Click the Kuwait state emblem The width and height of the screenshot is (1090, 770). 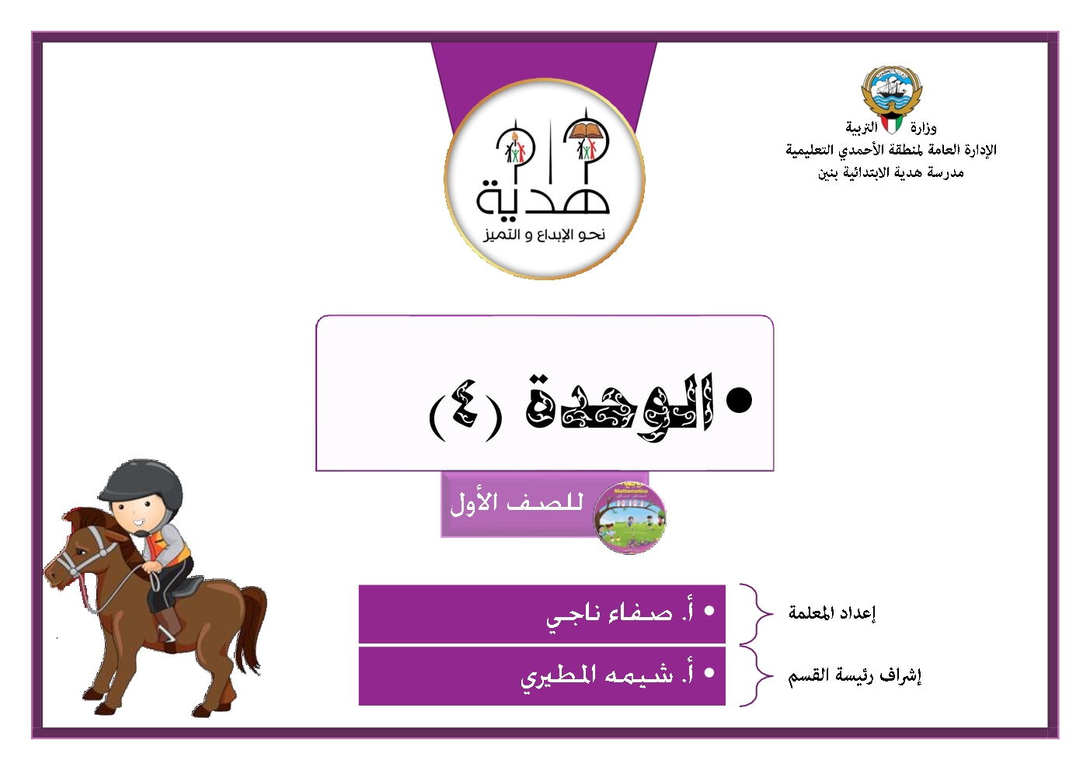click(891, 92)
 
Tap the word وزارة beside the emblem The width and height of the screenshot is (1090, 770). click(923, 128)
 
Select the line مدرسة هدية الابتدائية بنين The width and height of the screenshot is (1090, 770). click(890, 172)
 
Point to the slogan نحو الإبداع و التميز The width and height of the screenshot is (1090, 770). click(544, 234)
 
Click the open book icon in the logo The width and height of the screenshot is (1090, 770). click(585, 130)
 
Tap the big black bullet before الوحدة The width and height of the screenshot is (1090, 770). click(739, 401)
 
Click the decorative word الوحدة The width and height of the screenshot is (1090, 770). click(621, 408)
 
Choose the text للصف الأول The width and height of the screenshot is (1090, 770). click(517, 504)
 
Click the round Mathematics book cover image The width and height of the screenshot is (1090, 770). click(629, 518)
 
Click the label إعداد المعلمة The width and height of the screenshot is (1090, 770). click(832, 612)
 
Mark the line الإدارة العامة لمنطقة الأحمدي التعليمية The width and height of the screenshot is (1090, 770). click(891, 150)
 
